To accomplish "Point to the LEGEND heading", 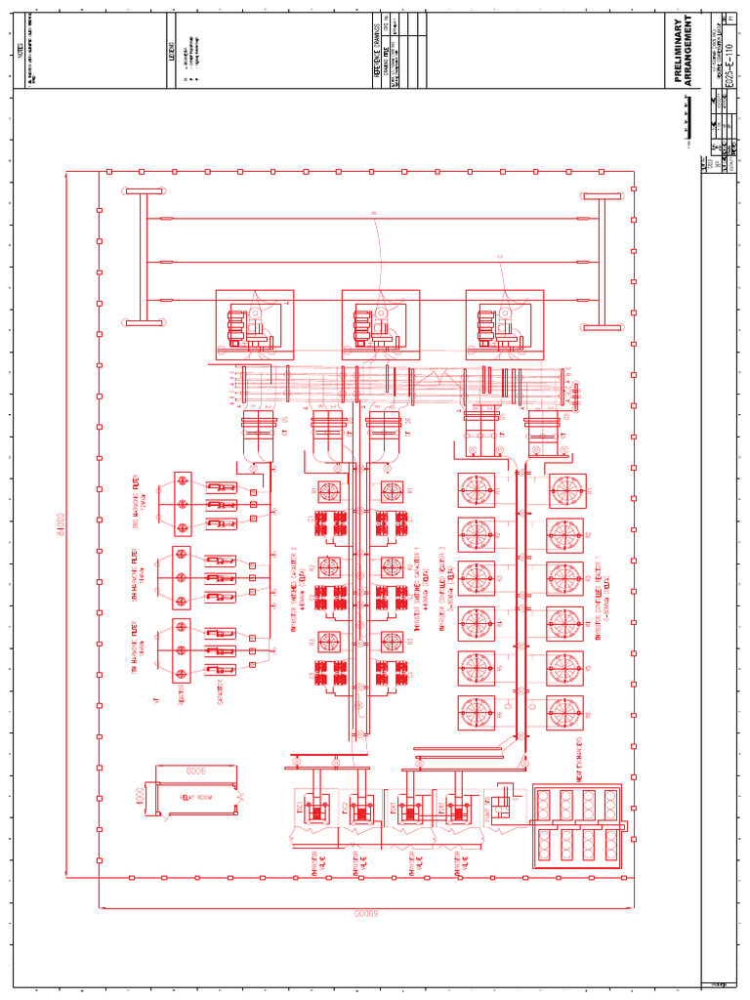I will (x=172, y=50).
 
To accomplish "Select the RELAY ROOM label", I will (x=194, y=797).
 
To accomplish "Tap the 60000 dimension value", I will (x=365, y=912).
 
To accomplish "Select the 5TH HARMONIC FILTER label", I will (x=139, y=576).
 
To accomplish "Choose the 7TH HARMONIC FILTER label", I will (x=139, y=648).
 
